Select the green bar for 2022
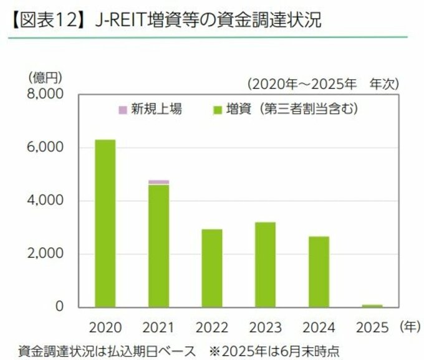(x=212, y=268)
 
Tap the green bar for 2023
(x=265, y=264)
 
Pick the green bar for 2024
(x=319, y=272)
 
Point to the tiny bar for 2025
(x=372, y=306)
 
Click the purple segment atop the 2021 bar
(x=158, y=182)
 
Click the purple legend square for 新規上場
(x=122, y=110)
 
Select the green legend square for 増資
(x=218, y=110)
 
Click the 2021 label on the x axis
(x=158, y=327)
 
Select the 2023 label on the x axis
(x=265, y=327)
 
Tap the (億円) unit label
(x=46, y=77)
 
